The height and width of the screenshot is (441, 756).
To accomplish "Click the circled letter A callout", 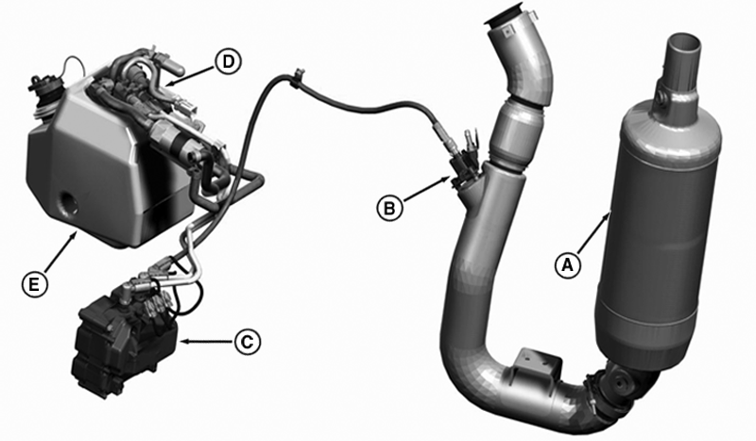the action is click(568, 265).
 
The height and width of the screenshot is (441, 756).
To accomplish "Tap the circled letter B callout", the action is click(389, 208).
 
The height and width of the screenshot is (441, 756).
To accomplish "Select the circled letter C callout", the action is click(248, 342).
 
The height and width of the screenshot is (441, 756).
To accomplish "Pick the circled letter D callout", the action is click(228, 61).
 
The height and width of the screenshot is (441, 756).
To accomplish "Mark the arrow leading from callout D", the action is click(190, 76).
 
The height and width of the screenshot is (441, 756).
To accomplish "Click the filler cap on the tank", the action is click(43, 89).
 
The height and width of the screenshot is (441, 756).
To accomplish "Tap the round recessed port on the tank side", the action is click(67, 205).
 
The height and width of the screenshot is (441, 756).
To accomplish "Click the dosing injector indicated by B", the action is click(464, 161).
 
